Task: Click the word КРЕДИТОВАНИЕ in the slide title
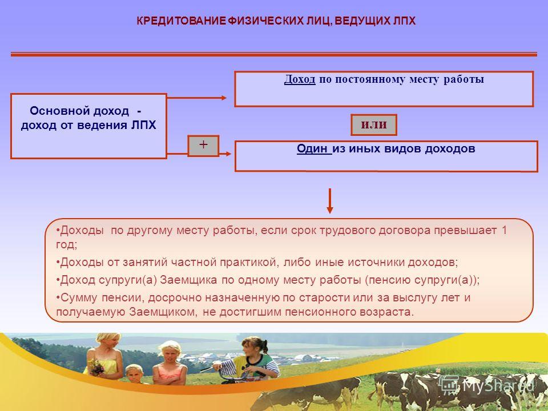pos(182,21)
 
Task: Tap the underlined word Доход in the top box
pos(300,79)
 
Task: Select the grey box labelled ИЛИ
pos(374,125)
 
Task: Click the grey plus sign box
pos(203,146)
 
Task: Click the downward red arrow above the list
pos(329,201)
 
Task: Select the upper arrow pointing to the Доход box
pos(197,98)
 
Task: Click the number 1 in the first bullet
pos(504,230)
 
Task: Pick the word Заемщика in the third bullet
pos(188,280)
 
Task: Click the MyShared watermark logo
pos(486,385)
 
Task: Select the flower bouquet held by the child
pos(95,367)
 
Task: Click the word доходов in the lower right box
pos(450,148)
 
